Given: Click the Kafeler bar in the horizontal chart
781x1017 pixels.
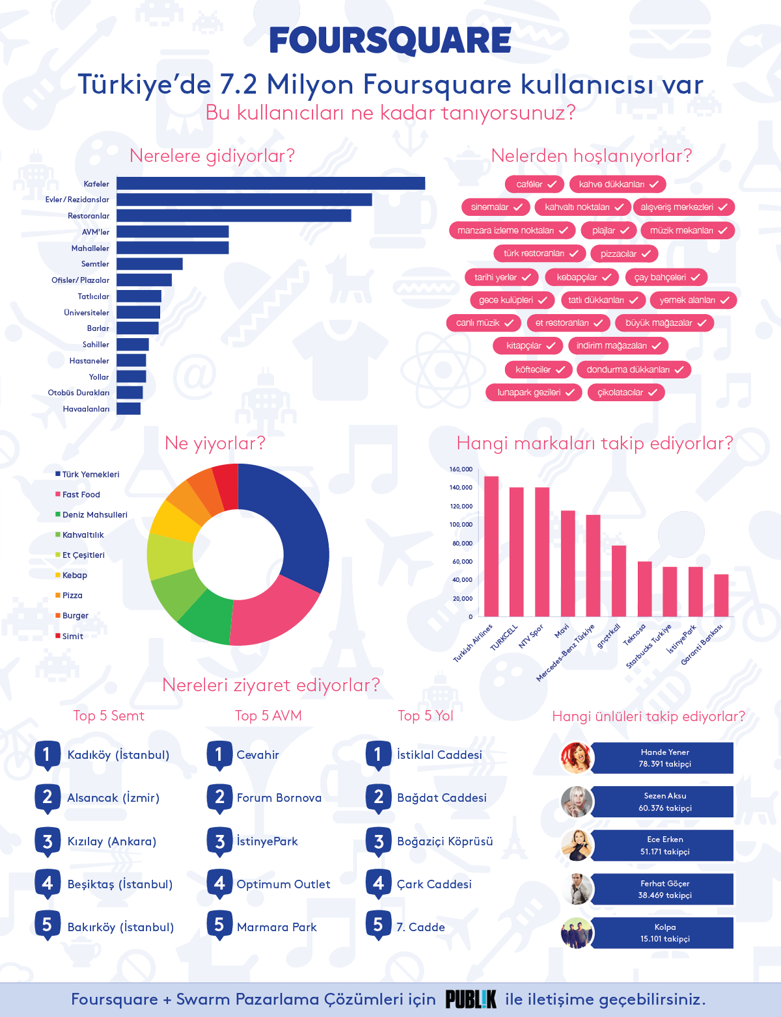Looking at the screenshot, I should [x=271, y=184].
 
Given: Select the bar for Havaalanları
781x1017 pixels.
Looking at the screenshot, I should [x=129, y=409].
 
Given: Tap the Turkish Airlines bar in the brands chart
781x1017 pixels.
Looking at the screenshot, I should [x=491, y=546].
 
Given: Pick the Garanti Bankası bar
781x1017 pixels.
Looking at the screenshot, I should [x=721, y=595].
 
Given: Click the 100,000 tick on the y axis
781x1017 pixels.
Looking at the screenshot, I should [x=461, y=525].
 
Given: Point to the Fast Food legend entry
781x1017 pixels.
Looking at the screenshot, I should [x=81, y=495].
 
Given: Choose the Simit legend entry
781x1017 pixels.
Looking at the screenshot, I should [x=72, y=637].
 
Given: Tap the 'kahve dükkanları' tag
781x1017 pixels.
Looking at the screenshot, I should [x=618, y=185].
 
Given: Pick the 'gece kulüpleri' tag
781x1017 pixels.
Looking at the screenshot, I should [x=512, y=300].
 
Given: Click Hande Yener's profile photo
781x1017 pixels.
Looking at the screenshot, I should [x=577, y=758].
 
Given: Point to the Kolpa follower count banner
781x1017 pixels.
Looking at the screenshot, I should [x=664, y=933].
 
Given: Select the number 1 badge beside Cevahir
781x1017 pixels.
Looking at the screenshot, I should [x=219, y=755].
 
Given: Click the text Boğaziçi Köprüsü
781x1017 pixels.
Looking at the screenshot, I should [x=445, y=841].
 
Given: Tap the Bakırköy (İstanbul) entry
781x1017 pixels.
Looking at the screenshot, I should [x=120, y=927].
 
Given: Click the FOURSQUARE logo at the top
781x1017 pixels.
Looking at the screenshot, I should [x=390, y=40].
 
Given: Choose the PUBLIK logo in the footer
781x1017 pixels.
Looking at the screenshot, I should [x=471, y=999].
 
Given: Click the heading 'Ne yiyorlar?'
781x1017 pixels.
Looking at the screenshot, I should [x=215, y=443].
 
